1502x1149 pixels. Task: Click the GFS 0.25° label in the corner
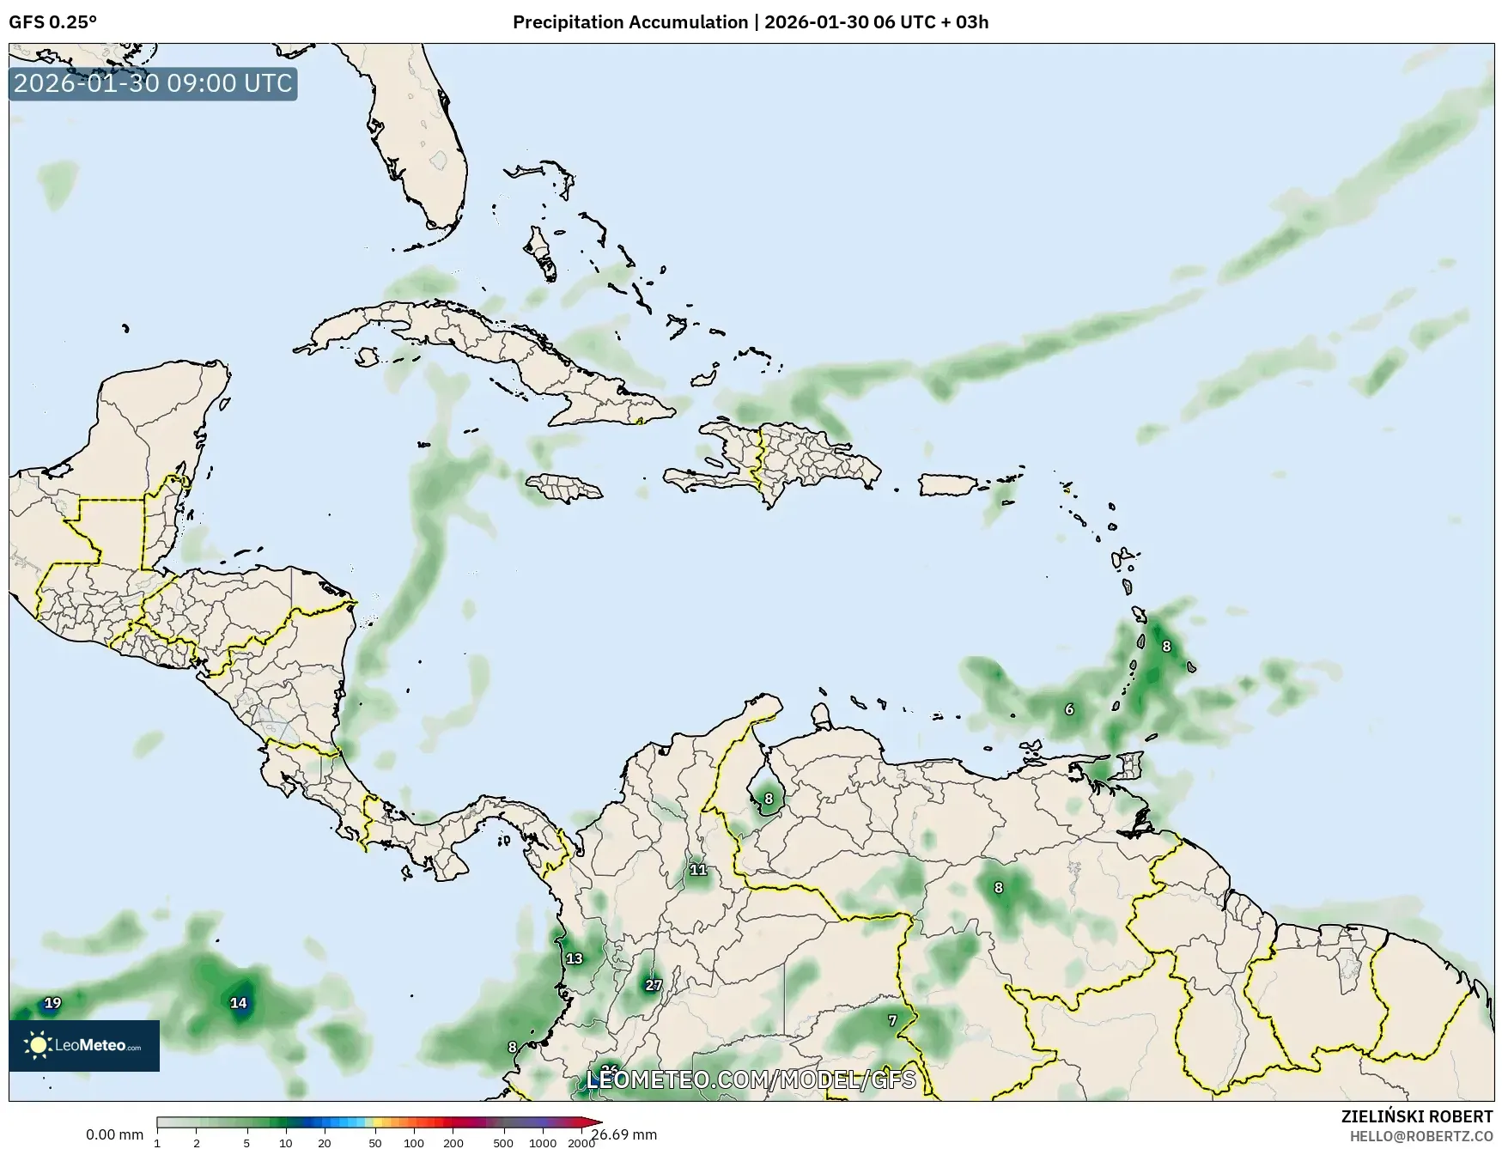[52, 22]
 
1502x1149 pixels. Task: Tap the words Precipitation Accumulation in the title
[630, 22]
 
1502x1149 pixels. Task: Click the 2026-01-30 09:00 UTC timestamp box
[153, 83]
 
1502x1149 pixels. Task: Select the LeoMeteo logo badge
[84, 1045]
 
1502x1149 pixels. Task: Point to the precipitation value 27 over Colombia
[654, 985]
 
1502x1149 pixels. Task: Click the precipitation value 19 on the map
[52, 1002]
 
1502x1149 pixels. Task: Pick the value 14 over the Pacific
[238, 1002]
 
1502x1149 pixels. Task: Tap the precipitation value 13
[574, 958]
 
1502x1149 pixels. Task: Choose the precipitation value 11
[698, 870]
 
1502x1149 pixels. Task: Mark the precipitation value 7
[892, 1020]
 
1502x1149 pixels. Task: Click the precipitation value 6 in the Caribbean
[1069, 709]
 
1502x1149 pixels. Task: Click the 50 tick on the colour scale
[375, 1143]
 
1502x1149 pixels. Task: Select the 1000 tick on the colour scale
[543, 1143]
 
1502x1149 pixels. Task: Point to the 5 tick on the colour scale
[246, 1143]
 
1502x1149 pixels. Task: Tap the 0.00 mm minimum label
[114, 1135]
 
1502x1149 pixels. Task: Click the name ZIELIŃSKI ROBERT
[1417, 1116]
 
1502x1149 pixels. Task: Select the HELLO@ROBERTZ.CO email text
[1421, 1136]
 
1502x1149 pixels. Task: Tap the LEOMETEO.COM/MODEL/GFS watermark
[751, 1079]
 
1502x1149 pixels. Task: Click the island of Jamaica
[563, 489]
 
